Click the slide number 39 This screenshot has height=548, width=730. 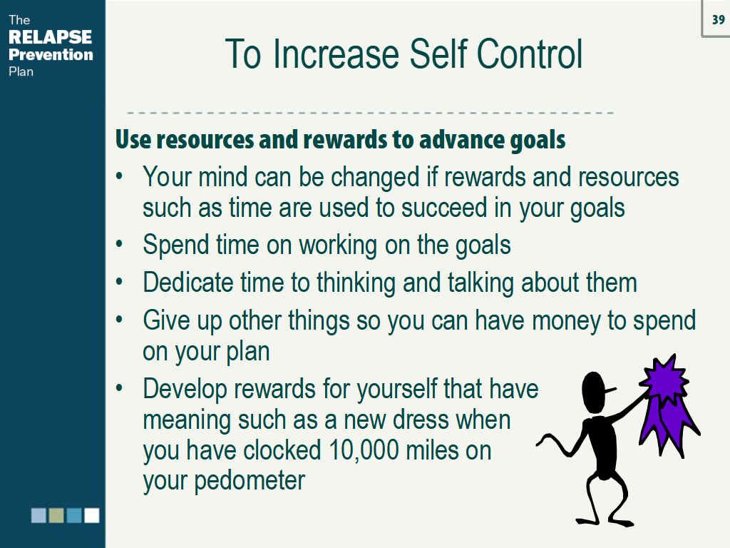pos(719,19)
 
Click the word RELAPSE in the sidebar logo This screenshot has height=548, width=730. pos(51,37)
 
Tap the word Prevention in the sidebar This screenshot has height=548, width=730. pos(51,54)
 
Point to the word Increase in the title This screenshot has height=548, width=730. pos(336,54)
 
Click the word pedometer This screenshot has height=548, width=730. pos(250,481)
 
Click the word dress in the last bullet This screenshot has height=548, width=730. pos(420,420)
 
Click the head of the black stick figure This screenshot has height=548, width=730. pos(596,392)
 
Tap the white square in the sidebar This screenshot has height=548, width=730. pos(92,515)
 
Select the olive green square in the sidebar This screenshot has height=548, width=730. pos(56,515)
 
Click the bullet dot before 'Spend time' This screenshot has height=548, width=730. pos(120,244)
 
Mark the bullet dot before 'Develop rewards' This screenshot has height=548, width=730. pos(120,387)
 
